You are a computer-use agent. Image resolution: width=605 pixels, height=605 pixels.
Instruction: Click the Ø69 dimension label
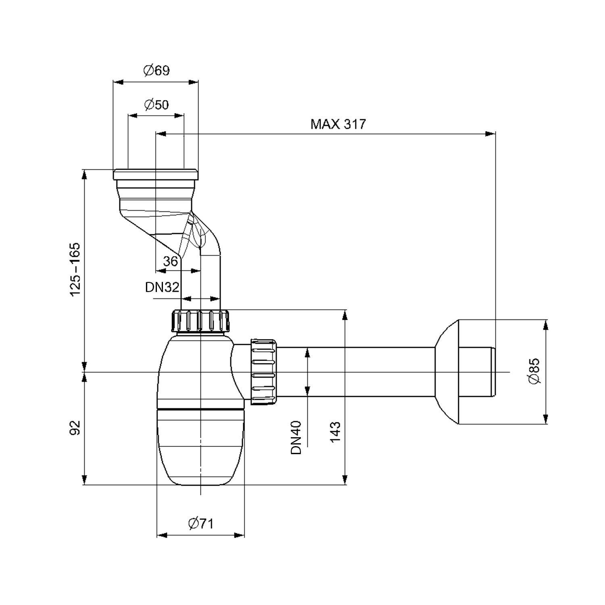pyautogui.click(x=156, y=71)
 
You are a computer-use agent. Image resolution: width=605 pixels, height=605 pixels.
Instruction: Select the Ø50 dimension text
pyautogui.click(x=156, y=104)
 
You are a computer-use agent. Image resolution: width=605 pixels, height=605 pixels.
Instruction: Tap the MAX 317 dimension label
pyautogui.click(x=338, y=124)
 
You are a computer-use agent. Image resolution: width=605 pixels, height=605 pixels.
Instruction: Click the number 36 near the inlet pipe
pyautogui.click(x=170, y=261)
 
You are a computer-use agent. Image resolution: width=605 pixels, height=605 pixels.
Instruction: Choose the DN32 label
pyautogui.click(x=162, y=287)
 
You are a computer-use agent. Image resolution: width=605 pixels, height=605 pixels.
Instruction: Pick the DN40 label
pyautogui.click(x=296, y=438)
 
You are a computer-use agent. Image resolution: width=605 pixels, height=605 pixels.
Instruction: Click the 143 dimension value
pyautogui.click(x=336, y=432)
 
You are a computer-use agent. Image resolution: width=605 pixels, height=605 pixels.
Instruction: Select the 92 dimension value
pyautogui.click(x=76, y=428)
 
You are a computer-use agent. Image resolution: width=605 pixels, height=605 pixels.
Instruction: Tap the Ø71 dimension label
pyautogui.click(x=200, y=524)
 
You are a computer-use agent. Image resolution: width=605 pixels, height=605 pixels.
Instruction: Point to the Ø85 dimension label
pyautogui.click(x=534, y=371)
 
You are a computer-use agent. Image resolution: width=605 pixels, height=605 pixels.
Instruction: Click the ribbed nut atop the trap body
pyautogui.click(x=200, y=321)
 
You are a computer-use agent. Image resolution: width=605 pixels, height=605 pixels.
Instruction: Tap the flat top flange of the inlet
pyautogui.click(x=156, y=174)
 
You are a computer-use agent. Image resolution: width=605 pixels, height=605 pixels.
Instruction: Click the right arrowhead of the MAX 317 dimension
pyautogui.click(x=490, y=134)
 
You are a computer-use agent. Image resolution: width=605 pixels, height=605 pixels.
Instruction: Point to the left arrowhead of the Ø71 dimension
pyautogui.click(x=162, y=535)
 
